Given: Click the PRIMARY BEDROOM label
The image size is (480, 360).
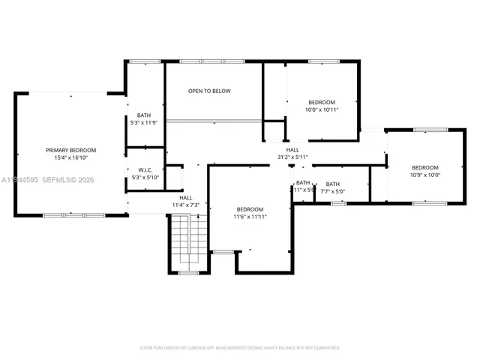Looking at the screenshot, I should (70, 150).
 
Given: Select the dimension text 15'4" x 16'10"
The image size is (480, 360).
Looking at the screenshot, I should (70, 158).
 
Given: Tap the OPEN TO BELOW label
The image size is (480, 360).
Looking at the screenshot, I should (209, 91).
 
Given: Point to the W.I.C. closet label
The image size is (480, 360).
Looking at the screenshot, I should (145, 170).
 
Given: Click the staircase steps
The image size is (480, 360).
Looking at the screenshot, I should (187, 240).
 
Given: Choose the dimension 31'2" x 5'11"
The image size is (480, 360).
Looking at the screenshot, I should (292, 157).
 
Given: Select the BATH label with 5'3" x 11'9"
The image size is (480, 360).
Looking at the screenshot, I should (144, 115).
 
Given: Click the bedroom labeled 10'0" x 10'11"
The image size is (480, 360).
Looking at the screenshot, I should (322, 102).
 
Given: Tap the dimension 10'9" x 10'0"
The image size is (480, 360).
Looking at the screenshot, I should (425, 175).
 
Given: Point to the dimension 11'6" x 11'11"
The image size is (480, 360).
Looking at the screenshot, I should (250, 217).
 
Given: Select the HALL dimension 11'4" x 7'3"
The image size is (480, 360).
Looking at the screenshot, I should (184, 205).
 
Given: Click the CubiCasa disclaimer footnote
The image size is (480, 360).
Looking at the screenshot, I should (240, 348).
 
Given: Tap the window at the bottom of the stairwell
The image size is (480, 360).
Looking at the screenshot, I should (188, 273).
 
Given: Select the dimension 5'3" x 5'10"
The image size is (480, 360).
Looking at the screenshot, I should (145, 178).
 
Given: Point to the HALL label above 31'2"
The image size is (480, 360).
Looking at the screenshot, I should (292, 149).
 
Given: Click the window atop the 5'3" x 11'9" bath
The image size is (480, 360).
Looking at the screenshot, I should (144, 61).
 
